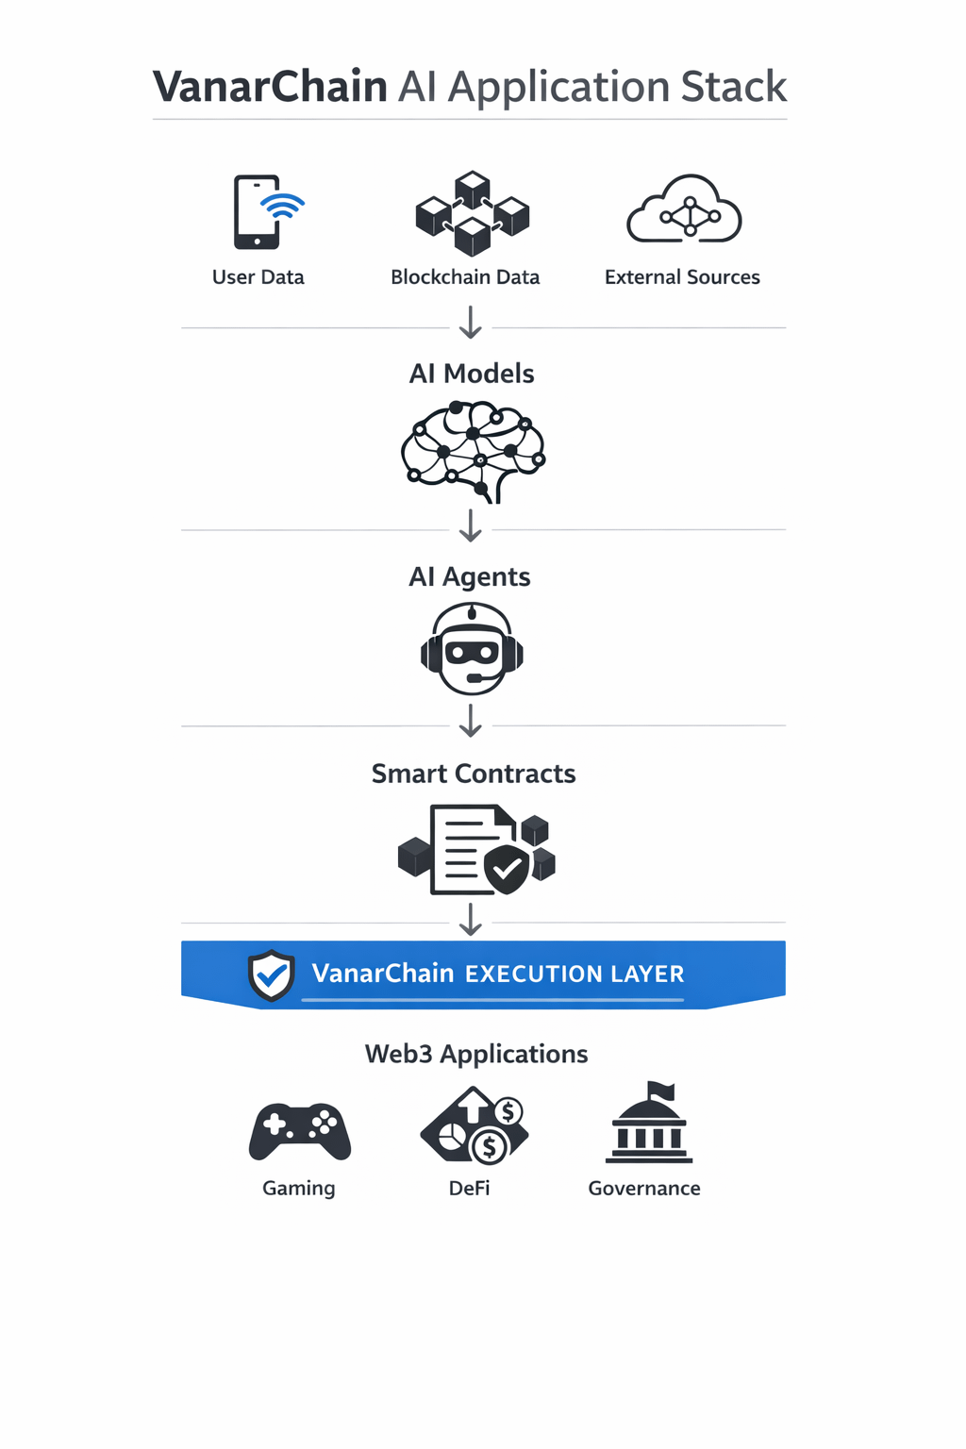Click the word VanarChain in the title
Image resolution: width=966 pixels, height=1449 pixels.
click(270, 87)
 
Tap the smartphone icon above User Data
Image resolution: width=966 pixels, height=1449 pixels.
click(258, 212)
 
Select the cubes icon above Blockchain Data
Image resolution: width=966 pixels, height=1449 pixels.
click(472, 213)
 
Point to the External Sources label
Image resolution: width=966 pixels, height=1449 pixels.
click(682, 277)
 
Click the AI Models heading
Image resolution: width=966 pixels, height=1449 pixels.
click(472, 374)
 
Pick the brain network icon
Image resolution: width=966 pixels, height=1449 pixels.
click(473, 451)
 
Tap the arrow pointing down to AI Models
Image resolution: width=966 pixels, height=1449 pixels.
click(471, 322)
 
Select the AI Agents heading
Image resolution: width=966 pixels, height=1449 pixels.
click(470, 576)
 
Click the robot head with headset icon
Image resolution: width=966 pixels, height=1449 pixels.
click(472, 649)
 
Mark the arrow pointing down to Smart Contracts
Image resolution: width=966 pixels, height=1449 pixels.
click(471, 722)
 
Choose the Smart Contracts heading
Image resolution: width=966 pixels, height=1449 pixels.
click(474, 774)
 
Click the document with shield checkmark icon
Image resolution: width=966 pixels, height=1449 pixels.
click(476, 849)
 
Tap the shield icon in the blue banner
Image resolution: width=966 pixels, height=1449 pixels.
click(272, 975)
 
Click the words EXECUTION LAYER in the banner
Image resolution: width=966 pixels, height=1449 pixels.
click(575, 974)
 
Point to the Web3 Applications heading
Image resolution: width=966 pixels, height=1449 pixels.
click(476, 1054)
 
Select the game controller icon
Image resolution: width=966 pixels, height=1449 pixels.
click(300, 1130)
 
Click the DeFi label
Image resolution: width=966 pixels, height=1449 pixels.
click(470, 1189)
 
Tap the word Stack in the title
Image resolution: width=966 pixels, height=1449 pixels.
click(734, 87)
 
